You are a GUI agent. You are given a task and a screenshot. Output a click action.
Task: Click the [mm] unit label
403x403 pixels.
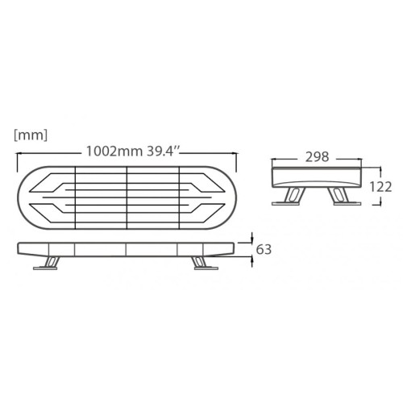point(31,135)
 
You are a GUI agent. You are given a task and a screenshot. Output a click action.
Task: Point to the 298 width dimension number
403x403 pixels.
point(318,158)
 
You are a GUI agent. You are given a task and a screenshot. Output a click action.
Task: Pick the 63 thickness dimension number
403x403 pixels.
point(263,249)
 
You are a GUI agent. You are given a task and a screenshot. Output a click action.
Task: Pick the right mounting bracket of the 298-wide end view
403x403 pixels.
point(347,197)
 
